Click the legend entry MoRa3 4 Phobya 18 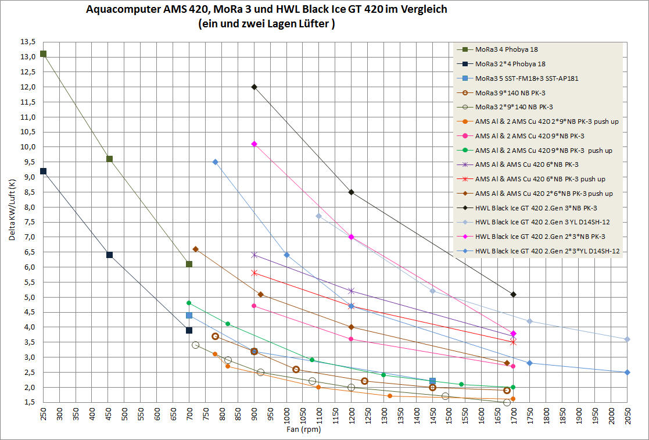(x=506, y=49)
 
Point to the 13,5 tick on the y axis (x=28, y=42)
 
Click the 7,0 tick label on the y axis (x=28, y=237)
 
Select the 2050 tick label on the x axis (x=628, y=417)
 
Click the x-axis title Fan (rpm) (x=303, y=431)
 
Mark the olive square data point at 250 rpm (x=43, y=54)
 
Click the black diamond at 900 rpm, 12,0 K (x=254, y=87)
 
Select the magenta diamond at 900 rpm (x=254, y=144)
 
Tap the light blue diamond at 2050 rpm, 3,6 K (x=628, y=339)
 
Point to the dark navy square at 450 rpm (x=109, y=255)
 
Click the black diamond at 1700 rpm (x=513, y=294)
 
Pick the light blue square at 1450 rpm (x=432, y=381)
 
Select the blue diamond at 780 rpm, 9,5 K (x=215, y=162)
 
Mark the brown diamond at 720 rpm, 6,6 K (x=195, y=249)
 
